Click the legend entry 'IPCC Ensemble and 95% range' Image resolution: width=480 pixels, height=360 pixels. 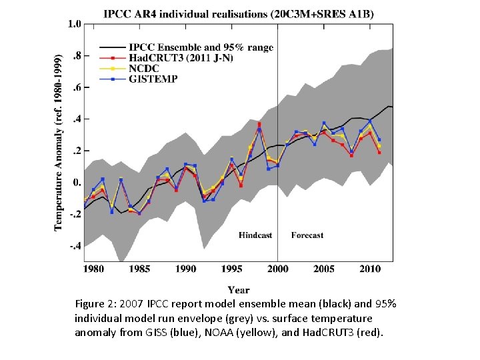(201, 47)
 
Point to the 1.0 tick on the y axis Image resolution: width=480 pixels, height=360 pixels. (74, 24)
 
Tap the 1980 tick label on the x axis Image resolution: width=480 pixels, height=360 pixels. (93, 269)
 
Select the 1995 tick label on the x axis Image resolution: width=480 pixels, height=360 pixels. (231, 269)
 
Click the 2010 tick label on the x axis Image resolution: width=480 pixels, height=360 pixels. (370, 269)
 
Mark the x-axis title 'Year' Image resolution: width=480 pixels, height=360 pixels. (239, 290)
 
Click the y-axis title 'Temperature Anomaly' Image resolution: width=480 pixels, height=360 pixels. (59, 143)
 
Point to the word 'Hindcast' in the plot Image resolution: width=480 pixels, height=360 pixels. (256, 235)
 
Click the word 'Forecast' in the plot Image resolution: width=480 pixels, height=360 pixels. (307, 235)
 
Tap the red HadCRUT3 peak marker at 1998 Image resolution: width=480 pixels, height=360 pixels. (259, 124)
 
